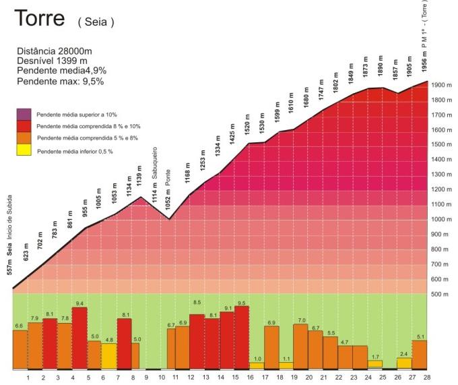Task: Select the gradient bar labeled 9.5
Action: click(x=242, y=337)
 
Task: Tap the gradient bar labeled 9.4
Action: click(x=79, y=338)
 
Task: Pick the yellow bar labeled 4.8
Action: click(x=109, y=356)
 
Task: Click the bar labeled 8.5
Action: click(x=197, y=341)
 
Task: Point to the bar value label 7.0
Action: click(x=302, y=320)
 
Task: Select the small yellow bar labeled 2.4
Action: click(x=404, y=363)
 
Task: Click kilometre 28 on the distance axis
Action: click(x=426, y=378)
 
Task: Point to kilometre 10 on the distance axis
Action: click(x=162, y=378)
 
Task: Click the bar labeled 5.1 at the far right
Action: click(x=419, y=354)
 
